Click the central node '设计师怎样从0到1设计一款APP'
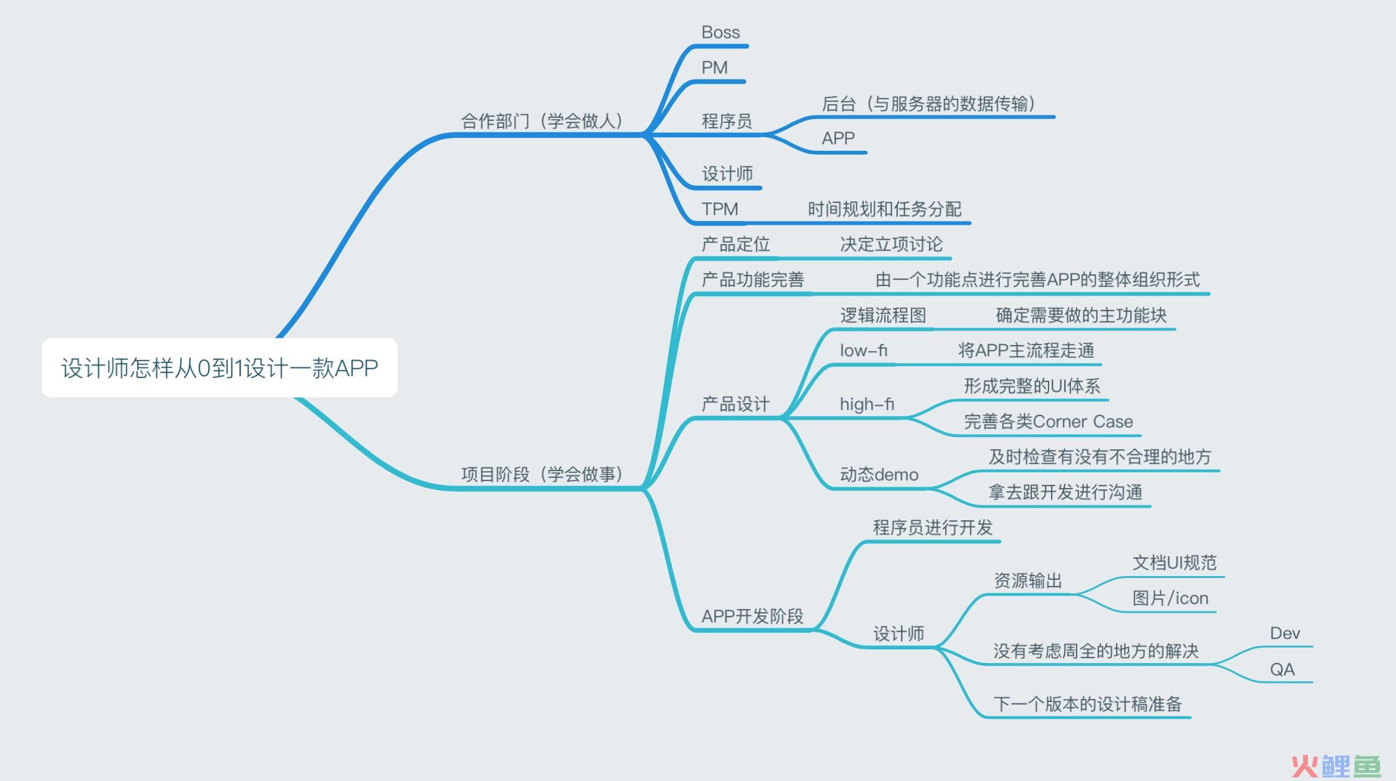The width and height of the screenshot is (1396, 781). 220,368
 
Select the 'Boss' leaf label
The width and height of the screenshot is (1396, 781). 720,32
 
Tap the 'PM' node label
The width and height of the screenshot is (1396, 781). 714,68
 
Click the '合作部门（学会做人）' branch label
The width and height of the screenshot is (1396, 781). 542,120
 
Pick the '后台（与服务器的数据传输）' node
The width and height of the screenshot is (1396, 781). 928,104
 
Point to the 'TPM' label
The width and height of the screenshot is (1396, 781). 720,209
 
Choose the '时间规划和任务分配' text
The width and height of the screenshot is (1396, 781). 884,209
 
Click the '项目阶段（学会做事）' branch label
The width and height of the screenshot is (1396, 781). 542,474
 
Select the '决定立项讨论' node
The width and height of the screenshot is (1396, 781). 891,245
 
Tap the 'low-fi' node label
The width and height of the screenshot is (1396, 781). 864,351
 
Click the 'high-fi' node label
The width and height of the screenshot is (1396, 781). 867,404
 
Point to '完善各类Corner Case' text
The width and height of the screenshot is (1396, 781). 1048,422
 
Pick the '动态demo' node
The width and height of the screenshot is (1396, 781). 879,474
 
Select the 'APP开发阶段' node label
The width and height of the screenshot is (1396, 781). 752,616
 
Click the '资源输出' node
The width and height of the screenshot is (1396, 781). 1028,580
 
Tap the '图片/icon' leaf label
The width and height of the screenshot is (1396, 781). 1170,598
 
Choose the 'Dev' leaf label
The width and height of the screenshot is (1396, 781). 1284,633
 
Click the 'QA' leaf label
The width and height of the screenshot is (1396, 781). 1282,669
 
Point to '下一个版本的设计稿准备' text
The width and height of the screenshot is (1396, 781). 1088,705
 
